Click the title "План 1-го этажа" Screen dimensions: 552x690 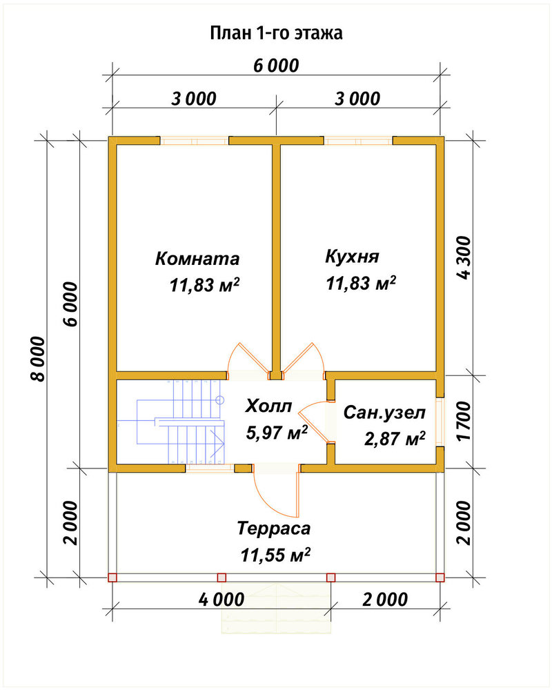(x=276, y=33)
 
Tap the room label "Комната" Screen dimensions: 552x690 (x=197, y=258)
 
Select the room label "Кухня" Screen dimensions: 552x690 (x=352, y=256)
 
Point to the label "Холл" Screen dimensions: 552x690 (x=268, y=406)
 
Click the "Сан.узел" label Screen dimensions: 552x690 (x=384, y=413)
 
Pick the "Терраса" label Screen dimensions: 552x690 (x=274, y=528)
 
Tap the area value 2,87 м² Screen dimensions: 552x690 (x=395, y=439)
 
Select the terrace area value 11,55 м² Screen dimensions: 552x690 (x=275, y=555)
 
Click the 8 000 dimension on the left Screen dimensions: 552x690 (x=38, y=359)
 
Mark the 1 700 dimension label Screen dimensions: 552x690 (x=464, y=421)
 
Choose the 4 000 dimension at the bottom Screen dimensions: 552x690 (x=221, y=600)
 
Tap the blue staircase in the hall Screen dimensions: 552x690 (x=181, y=422)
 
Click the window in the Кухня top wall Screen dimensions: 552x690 (x=358, y=141)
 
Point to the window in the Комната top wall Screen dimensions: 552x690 (x=194, y=141)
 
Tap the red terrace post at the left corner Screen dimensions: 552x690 (x=112, y=578)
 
